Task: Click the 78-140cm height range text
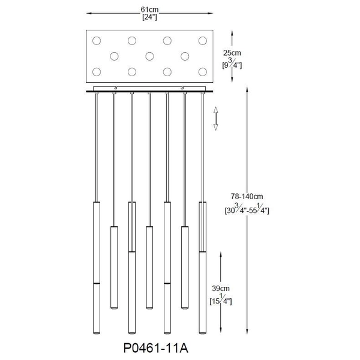point(247,197)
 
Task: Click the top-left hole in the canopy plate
point(97,41)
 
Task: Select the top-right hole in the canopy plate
point(202,41)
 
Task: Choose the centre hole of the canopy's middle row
point(149,56)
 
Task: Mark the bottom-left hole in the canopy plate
point(97,73)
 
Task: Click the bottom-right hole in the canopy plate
point(202,73)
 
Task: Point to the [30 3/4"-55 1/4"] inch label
point(247,209)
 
